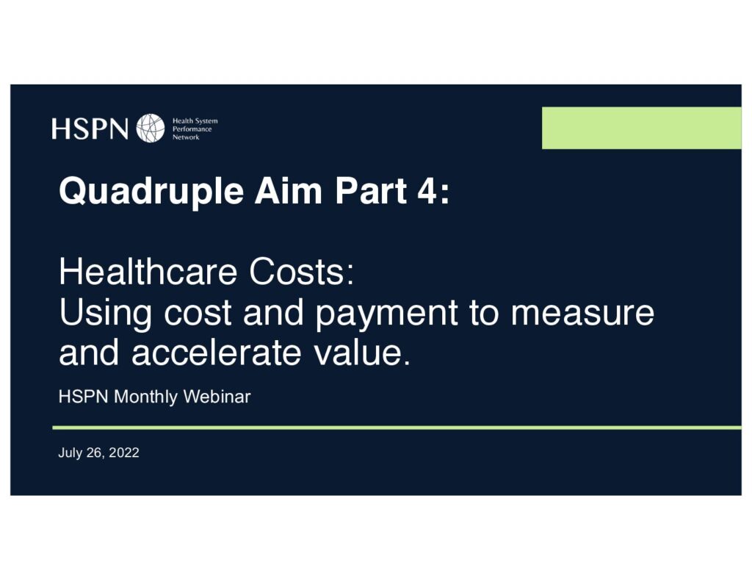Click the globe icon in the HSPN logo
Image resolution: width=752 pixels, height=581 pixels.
click(150, 128)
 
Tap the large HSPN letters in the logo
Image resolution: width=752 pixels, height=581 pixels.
click(90, 129)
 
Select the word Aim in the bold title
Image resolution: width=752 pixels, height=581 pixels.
click(288, 191)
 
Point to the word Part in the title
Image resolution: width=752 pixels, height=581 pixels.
click(371, 191)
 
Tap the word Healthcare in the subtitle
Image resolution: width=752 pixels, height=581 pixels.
click(148, 272)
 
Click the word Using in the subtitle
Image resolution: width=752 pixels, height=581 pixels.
click(106, 314)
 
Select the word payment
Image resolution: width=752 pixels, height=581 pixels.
click(386, 314)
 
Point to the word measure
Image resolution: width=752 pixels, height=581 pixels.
click(582, 313)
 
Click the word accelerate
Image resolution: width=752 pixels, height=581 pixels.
click(216, 353)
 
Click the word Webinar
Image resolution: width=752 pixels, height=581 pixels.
click(217, 397)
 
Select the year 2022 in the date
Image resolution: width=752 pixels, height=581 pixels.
click(123, 452)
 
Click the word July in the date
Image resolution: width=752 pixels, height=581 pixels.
click(70, 453)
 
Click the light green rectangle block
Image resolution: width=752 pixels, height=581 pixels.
click(642, 128)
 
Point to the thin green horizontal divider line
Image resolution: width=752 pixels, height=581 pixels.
click(397, 427)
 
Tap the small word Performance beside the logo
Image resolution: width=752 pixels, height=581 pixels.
click(192, 129)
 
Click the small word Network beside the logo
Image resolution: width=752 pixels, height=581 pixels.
click(186, 137)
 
